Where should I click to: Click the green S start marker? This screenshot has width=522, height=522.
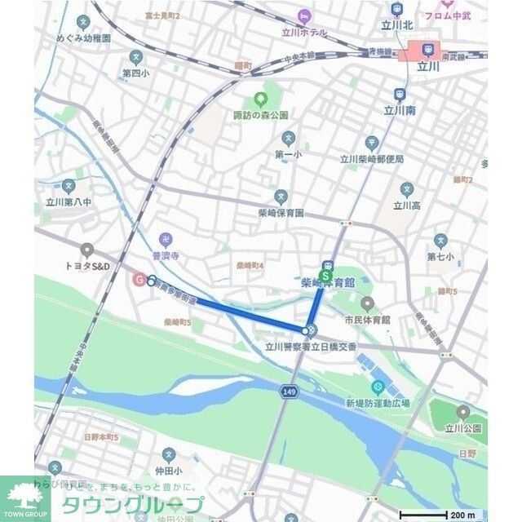pyautogui.click(x=326, y=276)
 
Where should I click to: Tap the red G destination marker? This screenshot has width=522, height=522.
pyautogui.click(x=139, y=279)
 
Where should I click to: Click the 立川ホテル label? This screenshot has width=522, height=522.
pyautogui.click(x=304, y=33)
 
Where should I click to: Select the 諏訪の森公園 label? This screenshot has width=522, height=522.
pyautogui.click(x=261, y=115)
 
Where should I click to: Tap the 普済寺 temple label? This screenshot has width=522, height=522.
pyautogui.click(x=166, y=254)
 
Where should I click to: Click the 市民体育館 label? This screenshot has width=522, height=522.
pyautogui.click(x=367, y=320)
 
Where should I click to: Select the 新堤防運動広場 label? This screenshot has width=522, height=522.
pyautogui.click(x=377, y=403)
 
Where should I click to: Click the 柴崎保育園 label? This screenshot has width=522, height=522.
pyautogui.click(x=281, y=212)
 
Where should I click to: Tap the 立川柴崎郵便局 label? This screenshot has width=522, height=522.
pyautogui.click(x=372, y=159)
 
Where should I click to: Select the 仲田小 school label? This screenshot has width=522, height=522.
pyautogui.click(x=169, y=471)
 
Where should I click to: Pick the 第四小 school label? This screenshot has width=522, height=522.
pyautogui.click(x=136, y=72)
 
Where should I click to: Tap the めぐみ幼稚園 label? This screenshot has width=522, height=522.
pyautogui.click(x=83, y=38)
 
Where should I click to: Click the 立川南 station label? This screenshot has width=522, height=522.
pyautogui.click(x=400, y=109)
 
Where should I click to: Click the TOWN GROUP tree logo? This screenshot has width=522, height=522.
pyautogui.click(x=24, y=498)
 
